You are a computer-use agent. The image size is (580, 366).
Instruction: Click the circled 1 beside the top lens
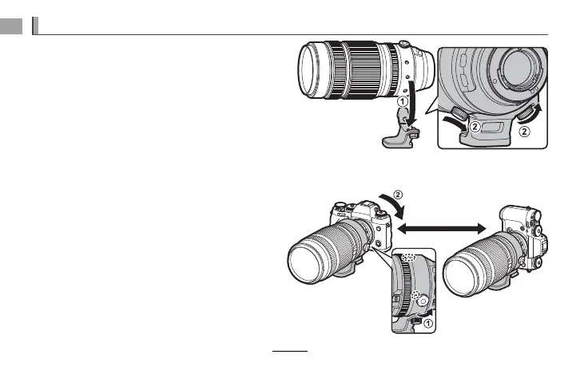click(402, 101)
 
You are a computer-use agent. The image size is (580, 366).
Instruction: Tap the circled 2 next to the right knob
click(524, 131)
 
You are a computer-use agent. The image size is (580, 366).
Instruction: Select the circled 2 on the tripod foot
click(475, 127)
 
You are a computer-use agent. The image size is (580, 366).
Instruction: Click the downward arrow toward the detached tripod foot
click(410, 104)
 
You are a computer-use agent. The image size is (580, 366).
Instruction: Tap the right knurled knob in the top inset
click(526, 112)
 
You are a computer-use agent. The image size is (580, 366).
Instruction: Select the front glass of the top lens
click(310, 69)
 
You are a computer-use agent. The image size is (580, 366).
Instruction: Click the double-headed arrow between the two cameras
click(442, 229)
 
